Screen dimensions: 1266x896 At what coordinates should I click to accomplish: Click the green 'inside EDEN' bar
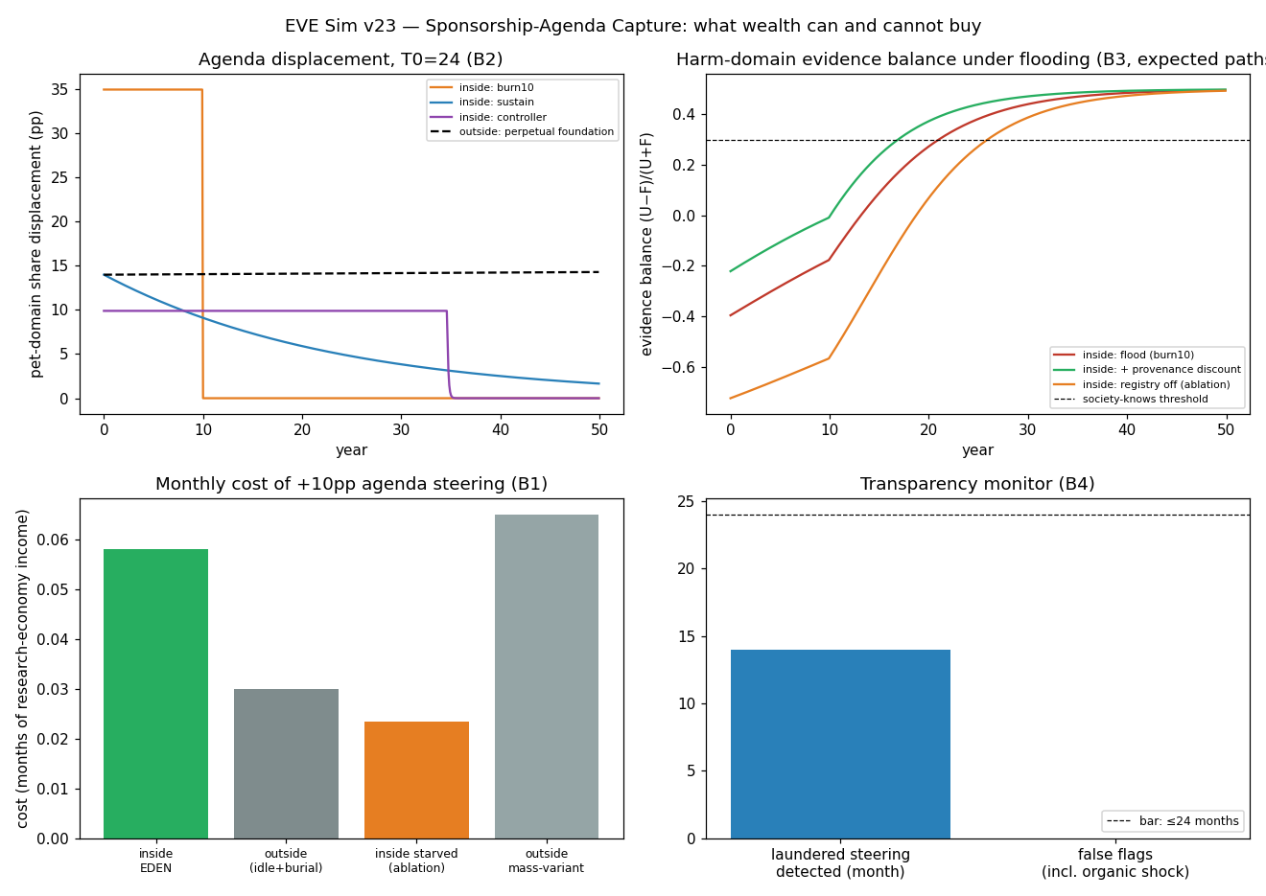[x=155, y=693]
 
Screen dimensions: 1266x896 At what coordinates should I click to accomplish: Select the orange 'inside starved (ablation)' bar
[x=416, y=780]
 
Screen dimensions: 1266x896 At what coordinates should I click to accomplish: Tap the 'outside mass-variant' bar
[x=547, y=677]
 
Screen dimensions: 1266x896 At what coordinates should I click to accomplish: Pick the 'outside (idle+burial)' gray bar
[x=286, y=764]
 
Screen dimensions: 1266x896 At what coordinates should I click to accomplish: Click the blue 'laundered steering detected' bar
[x=840, y=745]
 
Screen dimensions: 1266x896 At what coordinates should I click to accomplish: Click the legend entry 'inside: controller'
[x=488, y=117]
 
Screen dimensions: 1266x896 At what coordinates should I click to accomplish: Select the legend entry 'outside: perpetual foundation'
[x=522, y=131]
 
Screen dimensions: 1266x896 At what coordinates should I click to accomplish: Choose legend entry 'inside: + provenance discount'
[x=1147, y=369]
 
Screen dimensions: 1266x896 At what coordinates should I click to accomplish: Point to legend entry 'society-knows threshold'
[x=1131, y=400]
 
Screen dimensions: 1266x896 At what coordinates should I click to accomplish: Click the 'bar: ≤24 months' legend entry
[x=1173, y=821]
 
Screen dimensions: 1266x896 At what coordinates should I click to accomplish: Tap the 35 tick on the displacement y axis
[x=59, y=90]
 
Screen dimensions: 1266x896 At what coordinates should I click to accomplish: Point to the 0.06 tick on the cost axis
[x=53, y=540]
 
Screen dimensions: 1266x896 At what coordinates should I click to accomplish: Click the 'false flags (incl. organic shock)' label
[x=1115, y=862]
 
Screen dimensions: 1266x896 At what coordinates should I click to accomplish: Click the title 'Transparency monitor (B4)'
[x=977, y=484]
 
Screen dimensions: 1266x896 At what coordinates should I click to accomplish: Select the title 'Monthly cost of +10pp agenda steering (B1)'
[x=352, y=484]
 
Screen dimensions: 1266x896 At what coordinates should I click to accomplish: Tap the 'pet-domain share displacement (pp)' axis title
[x=35, y=244]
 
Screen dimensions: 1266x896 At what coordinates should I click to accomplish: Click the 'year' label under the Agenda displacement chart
[x=352, y=450]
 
